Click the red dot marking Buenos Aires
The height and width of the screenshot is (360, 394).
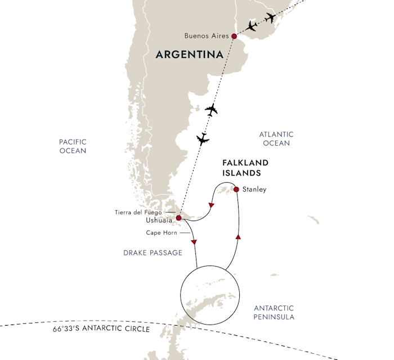pos(234,36)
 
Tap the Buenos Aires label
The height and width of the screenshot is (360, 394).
pos(206,36)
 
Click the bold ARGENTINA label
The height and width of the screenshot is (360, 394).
pos(189,55)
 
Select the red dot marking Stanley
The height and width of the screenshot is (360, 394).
pos(236,189)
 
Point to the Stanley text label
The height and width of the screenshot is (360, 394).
pos(254,190)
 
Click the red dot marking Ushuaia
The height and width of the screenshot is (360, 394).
pos(178,218)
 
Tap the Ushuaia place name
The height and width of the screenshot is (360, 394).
pos(159,221)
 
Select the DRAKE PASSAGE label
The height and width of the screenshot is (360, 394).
pos(153,253)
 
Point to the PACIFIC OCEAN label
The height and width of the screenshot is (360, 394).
pos(73,147)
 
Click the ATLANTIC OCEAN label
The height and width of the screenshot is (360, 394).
pos(276,139)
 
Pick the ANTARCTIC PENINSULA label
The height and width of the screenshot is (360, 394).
pos(274,313)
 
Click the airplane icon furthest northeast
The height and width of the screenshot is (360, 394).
pos(271,17)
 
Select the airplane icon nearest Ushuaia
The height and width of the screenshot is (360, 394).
pos(202,138)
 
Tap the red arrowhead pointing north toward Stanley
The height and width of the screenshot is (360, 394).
pos(239,238)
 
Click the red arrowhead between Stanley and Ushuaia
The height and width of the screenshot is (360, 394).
pos(211,206)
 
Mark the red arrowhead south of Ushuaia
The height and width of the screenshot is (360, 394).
pos(194,242)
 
